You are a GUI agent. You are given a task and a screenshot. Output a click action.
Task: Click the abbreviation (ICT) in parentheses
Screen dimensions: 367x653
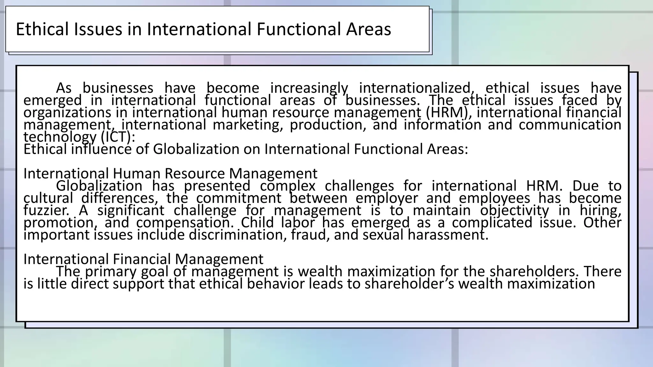pyautogui.click(x=118, y=137)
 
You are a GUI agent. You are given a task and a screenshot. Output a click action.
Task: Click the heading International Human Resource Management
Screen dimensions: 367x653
pyautogui.click(x=170, y=174)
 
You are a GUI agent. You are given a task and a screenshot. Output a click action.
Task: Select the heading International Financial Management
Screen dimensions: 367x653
pyautogui.click(x=143, y=259)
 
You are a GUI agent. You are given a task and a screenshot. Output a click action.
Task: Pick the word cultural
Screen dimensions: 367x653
pyautogui.click(x=48, y=198)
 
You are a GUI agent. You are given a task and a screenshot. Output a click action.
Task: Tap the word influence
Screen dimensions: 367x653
pyautogui.click(x=101, y=149)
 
